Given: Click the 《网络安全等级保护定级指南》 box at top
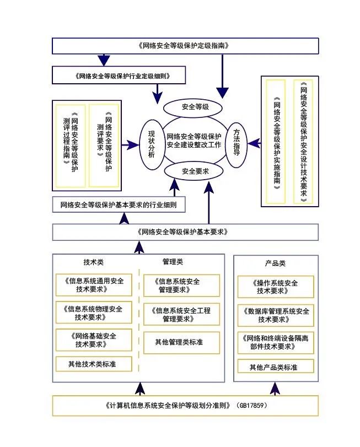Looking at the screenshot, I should pos(185,46).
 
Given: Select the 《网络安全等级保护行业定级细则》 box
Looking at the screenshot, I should pos(119,75).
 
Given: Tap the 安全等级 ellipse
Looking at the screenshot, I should pos(194,106).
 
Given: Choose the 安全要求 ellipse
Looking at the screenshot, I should pos(194,171).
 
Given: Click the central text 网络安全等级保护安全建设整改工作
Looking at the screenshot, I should pos(194,140).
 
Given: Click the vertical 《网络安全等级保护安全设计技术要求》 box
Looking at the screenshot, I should pos(303,142).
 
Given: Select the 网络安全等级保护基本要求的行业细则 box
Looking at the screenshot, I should pos(119,205).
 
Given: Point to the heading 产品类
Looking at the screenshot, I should pos(275,263).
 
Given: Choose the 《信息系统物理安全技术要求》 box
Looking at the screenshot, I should pos(93,312).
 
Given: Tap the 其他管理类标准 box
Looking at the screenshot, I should pos(181,342).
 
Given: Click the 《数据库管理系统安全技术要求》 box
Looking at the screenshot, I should pos(276,315).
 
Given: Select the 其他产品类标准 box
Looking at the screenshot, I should pos(275,367).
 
